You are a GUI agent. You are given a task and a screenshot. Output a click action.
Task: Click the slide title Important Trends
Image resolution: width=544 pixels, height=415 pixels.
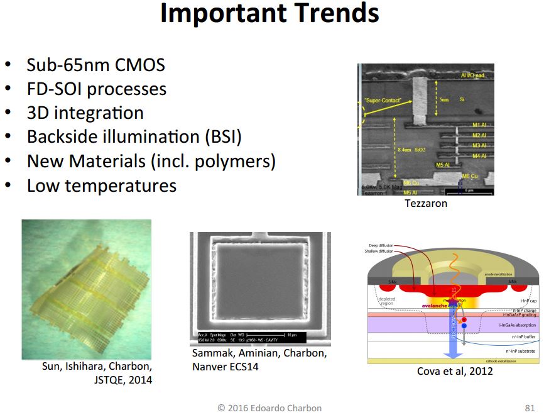[269, 14]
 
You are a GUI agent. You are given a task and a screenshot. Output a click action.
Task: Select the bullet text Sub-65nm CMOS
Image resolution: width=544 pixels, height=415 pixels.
[95, 65]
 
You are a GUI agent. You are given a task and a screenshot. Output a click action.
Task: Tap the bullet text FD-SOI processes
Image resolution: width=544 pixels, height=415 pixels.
[96, 89]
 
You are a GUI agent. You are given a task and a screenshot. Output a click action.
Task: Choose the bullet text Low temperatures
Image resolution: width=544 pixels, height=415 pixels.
[101, 185]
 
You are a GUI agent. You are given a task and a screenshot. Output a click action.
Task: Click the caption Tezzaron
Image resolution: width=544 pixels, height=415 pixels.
[426, 203]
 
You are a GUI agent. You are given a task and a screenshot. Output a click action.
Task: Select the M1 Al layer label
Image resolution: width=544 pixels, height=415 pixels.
[481, 124]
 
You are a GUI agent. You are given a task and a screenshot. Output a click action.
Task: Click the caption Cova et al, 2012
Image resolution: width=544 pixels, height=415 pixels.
[455, 371]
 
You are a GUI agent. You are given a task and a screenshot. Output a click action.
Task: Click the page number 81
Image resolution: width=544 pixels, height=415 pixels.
[529, 407]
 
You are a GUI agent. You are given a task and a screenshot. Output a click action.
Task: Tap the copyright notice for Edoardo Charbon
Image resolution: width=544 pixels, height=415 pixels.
[271, 407]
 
